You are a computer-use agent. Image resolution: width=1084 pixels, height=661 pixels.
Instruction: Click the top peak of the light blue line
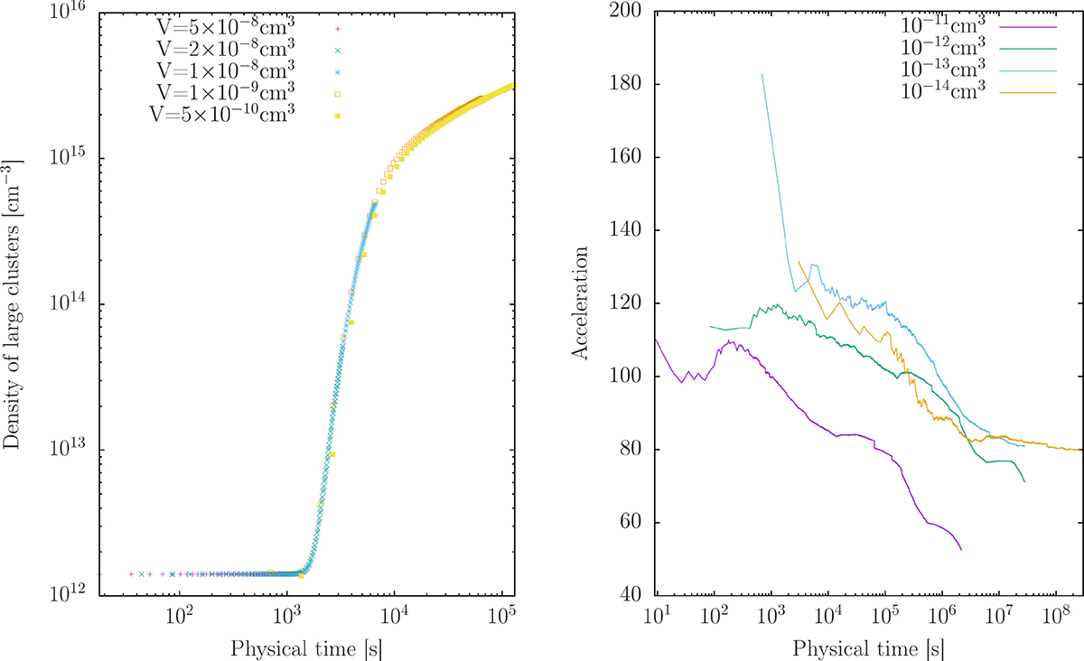[762, 74]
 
